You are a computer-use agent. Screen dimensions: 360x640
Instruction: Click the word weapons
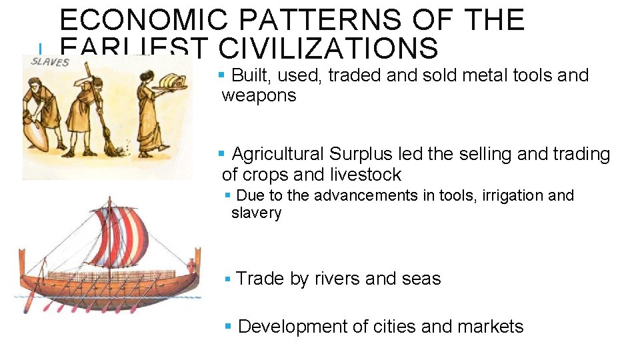coord(259,95)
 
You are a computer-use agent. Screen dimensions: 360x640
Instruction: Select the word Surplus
coord(360,154)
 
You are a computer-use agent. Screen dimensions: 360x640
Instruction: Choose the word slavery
coord(256,213)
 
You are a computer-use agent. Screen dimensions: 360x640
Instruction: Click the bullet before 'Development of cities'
coord(227,327)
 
